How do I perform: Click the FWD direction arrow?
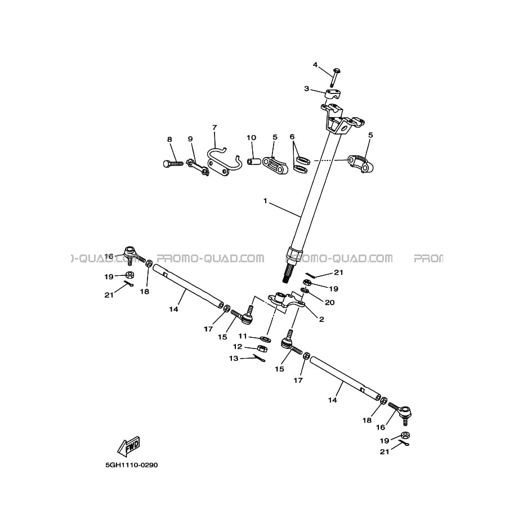(x=128, y=446)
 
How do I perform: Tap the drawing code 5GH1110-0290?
(x=131, y=465)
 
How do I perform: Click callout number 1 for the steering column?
(x=265, y=200)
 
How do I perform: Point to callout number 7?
(x=214, y=127)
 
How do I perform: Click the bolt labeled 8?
(x=173, y=163)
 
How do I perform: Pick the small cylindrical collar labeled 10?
(x=253, y=162)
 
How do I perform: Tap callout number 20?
(x=330, y=302)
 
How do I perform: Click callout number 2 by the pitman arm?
(x=321, y=319)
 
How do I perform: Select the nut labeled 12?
(x=262, y=348)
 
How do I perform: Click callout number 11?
(x=243, y=336)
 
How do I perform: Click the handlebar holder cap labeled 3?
(x=333, y=93)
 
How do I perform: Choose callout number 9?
(x=190, y=138)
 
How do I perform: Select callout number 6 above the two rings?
(x=292, y=136)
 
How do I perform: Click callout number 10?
(x=252, y=137)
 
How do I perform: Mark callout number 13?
(x=234, y=358)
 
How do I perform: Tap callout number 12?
(x=238, y=346)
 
